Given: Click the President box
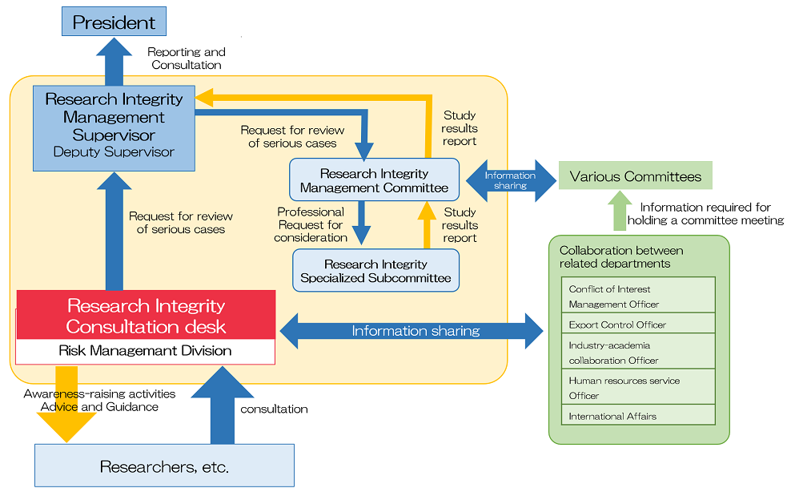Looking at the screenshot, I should click(114, 22).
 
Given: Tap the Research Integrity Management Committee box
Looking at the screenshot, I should click(374, 180).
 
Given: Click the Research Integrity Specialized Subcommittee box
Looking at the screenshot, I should click(375, 271).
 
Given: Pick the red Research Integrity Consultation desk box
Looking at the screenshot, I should click(146, 316).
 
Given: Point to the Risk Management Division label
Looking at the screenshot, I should click(146, 351).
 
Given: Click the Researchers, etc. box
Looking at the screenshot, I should click(164, 466).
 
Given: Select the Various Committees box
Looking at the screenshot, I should click(635, 176).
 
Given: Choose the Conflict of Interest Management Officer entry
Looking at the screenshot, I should click(637, 296).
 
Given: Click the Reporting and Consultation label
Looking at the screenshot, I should click(187, 58).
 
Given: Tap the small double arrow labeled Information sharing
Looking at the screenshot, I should click(510, 180).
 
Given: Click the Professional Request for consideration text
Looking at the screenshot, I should click(311, 225).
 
